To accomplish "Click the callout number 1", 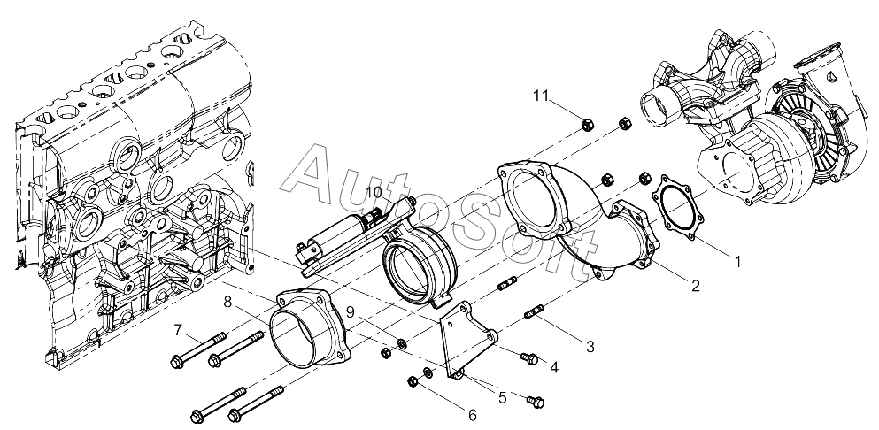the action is [735, 262].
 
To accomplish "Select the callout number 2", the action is [696, 286].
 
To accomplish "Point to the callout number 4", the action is [553, 366].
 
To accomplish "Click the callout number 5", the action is [502, 397].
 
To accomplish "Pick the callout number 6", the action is [473, 414].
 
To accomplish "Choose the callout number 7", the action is [179, 331].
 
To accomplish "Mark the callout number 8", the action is [227, 303].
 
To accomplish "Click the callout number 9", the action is [351, 312].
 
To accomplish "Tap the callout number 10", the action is [373, 192].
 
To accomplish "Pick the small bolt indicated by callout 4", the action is [529, 358].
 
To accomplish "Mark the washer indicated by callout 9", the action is [402, 343].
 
